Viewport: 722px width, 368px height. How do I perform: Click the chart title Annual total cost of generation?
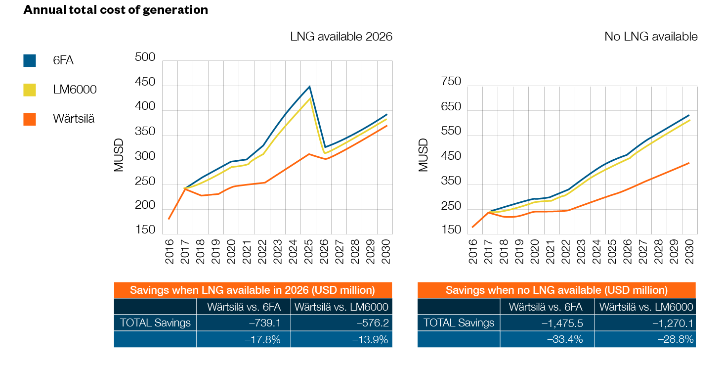(x=116, y=10)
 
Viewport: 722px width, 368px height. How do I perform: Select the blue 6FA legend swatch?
(x=30, y=61)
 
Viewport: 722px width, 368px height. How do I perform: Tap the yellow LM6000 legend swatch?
(x=30, y=90)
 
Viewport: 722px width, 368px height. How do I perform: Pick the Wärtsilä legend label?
(x=74, y=119)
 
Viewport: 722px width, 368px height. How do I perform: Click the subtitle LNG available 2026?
(x=341, y=37)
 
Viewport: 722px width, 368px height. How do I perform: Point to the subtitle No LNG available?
(x=651, y=37)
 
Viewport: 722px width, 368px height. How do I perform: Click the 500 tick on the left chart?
(x=145, y=58)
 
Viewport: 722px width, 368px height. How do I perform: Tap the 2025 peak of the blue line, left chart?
(x=309, y=87)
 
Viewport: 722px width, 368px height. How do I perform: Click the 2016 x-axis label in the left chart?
(x=170, y=251)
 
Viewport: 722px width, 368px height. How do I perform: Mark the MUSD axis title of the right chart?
(x=424, y=155)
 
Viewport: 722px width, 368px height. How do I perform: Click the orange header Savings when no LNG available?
(x=556, y=290)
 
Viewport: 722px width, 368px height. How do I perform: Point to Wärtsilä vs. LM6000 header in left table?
(x=341, y=307)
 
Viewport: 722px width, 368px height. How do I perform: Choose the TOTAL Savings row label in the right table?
(x=459, y=323)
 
